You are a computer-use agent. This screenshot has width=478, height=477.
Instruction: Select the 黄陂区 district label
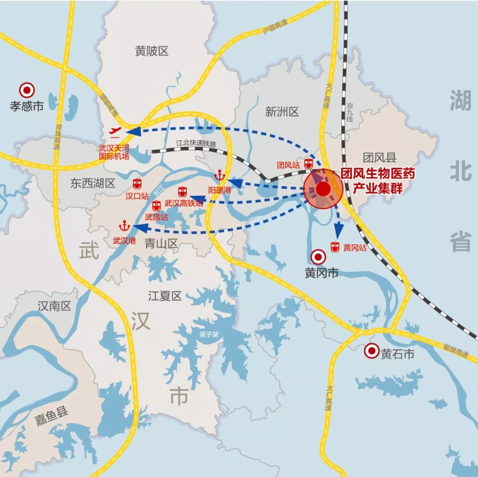152,51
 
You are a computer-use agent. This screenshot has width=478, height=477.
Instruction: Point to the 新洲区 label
282,112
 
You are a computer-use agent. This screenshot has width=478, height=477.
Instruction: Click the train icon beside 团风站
308,164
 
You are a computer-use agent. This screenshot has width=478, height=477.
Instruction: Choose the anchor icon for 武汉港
124,227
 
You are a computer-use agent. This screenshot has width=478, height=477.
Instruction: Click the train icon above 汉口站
137,183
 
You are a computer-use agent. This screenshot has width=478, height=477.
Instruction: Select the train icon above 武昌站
156,206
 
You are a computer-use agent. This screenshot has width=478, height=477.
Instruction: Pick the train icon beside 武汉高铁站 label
182,192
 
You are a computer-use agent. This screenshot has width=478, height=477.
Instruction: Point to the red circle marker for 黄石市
371,351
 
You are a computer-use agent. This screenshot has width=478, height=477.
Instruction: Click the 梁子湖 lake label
208,334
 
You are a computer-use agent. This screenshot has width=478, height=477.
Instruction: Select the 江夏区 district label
165,296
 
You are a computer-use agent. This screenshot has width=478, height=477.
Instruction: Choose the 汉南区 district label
54,306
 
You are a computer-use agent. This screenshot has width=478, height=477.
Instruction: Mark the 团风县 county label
380,157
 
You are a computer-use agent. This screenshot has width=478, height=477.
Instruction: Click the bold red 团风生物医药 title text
377,175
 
